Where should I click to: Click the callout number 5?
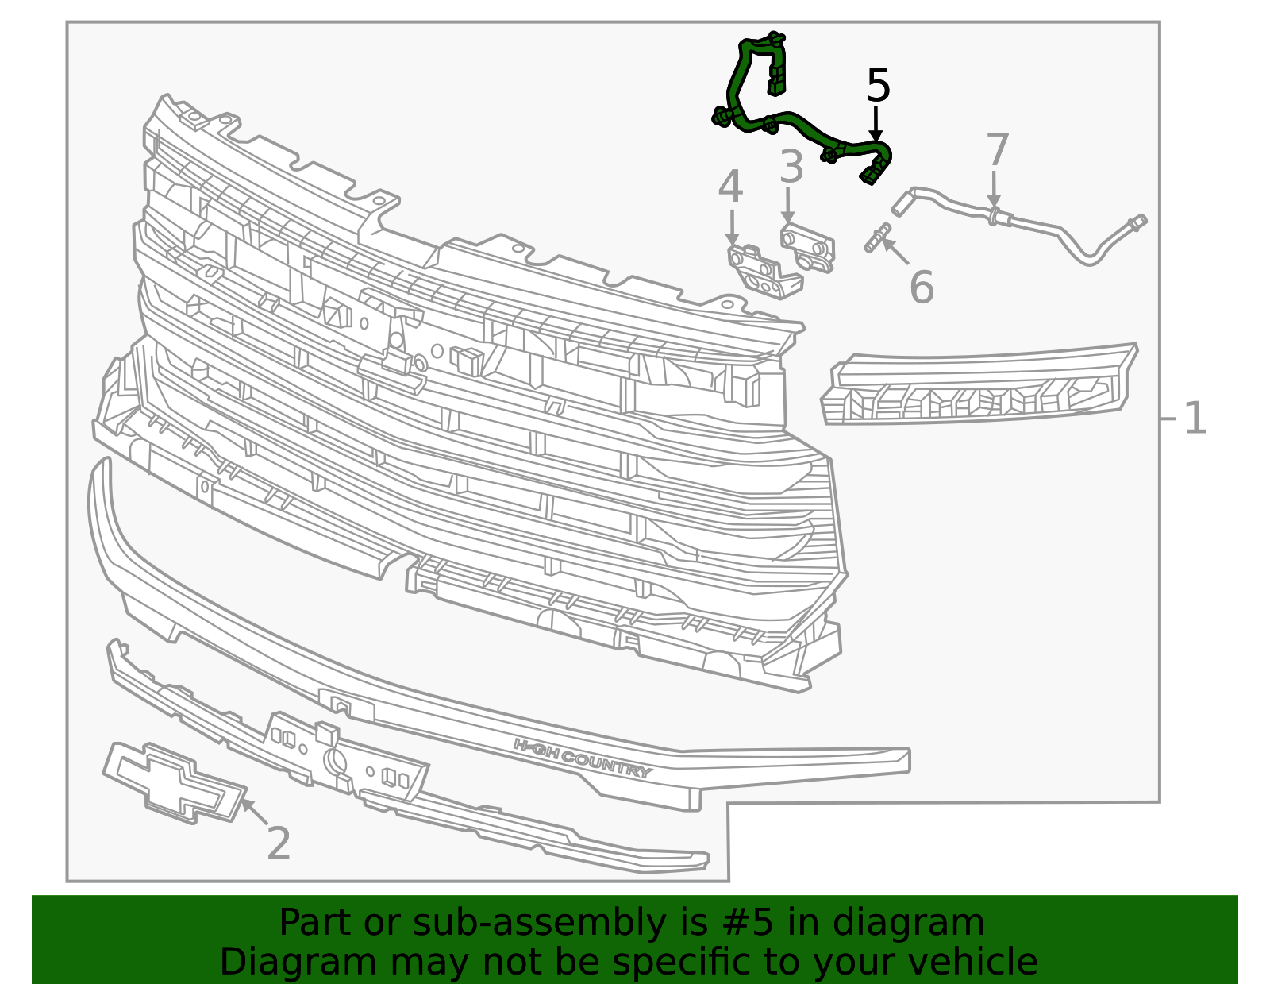coord(878,86)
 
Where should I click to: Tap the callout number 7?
coord(997,149)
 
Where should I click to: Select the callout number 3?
coord(791,167)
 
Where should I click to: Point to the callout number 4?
coord(730,187)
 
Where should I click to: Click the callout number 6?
coord(922,287)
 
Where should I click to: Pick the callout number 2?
coord(278,843)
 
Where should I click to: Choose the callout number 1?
coord(1195,419)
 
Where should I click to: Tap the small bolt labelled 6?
coord(878,238)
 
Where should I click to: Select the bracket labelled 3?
coord(808,247)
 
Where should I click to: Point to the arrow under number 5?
coord(876,123)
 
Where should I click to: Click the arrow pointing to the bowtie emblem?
coord(255,812)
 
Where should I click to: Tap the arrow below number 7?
coord(994,189)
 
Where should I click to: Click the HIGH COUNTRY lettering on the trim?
coord(583,758)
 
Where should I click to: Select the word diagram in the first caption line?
coord(908,923)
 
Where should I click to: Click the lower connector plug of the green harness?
coord(872,172)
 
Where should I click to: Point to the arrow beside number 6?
coord(895,251)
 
